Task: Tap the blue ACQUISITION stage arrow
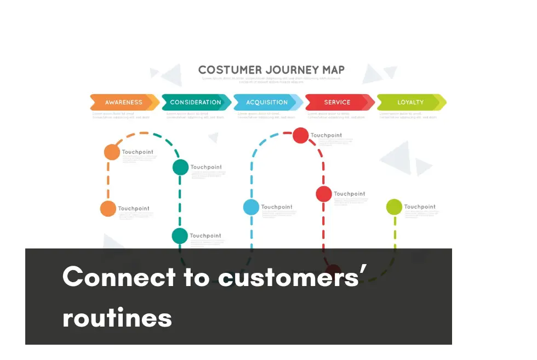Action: click(267, 102)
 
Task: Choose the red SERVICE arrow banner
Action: click(338, 102)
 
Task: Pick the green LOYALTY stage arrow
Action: click(410, 102)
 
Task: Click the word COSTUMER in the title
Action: click(230, 70)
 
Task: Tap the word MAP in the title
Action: click(334, 70)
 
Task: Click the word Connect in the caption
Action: click(119, 277)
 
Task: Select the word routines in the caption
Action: click(117, 318)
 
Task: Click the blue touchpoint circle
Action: click(251, 207)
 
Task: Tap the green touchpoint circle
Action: click(394, 207)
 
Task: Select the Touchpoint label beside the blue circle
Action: click(277, 207)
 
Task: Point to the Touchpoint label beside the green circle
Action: click(420, 207)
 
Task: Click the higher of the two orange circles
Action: click(112, 152)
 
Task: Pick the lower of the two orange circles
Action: click(108, 209)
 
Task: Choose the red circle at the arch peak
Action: click(300, 135)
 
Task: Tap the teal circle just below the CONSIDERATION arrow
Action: click(180, 167)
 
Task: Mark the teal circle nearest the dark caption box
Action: click(180, 236)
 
